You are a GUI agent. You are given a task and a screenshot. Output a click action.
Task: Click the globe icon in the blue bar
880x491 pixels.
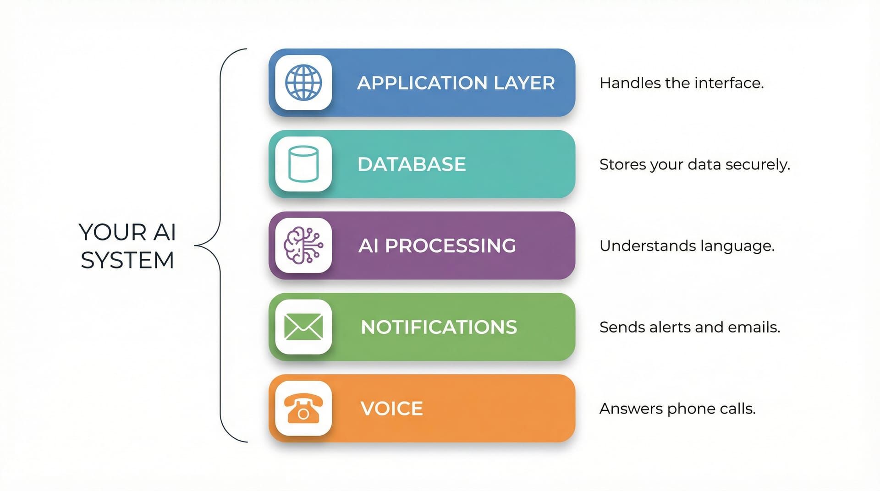[303, 83]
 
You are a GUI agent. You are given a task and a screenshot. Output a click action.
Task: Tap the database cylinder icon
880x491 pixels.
[303, 164]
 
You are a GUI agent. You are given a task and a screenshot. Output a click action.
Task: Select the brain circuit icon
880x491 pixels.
[303, 245]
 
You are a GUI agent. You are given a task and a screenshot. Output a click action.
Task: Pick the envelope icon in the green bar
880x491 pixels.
[303, 327]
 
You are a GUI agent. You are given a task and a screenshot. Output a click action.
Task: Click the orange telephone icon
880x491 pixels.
[303, 408]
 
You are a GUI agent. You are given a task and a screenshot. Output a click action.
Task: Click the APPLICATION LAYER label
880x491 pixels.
[456, 83]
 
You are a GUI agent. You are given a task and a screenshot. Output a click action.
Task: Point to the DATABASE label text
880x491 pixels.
[412, 164]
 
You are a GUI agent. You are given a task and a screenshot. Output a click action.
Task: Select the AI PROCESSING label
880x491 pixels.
[437, 246]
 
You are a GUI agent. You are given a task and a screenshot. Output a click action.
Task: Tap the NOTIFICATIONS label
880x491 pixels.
[439, 327]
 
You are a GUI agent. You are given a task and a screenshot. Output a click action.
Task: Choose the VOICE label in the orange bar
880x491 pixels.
[391, 409]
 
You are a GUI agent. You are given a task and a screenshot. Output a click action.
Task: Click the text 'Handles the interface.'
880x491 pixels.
[682, 83]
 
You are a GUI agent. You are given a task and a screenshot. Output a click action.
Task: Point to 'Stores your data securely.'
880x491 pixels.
[694, 164]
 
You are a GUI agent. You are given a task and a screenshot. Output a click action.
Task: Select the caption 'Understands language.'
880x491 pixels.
[687, 246]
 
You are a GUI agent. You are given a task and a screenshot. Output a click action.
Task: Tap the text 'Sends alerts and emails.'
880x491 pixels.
[689, 327]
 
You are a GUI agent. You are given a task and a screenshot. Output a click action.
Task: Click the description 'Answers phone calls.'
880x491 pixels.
[677, 409]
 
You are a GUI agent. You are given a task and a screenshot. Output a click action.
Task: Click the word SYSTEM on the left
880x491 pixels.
[127, 260]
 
